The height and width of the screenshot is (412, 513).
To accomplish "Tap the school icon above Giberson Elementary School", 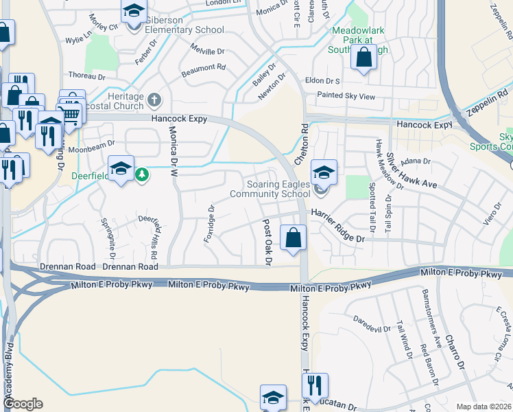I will tap(134, 11).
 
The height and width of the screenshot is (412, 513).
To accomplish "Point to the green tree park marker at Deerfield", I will tap(142, 175).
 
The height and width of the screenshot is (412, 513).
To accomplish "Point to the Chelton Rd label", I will tap(304, 142).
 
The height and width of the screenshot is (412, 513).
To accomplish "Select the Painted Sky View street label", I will tap(346, 97).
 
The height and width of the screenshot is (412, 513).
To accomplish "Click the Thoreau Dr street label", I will tap(85, 76).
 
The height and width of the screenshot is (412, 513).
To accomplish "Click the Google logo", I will tap(23, 404).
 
